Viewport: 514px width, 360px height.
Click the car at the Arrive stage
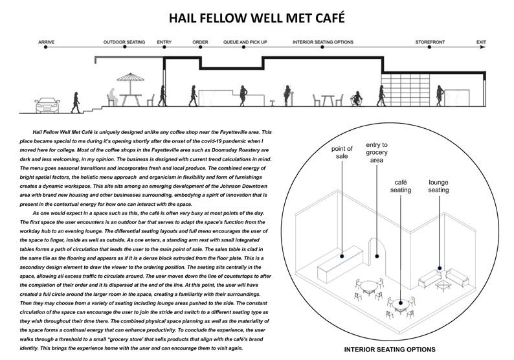[x=45, y=102]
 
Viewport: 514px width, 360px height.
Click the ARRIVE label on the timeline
[x=46, y=42]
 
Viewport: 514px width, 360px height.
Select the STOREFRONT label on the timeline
[x=431, y=42]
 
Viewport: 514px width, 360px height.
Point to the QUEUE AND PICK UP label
[x=245, y=42]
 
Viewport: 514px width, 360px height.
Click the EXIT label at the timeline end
[x=481, y=42]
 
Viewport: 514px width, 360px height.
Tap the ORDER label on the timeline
[x=201, y=42]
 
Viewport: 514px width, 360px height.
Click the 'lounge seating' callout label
[x=439, y=186]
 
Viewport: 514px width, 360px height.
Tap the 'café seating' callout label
[x=401, y=186]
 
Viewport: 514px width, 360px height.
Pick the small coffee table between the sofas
[x=444, y=284]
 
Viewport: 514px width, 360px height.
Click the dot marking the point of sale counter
[x=342, y=257]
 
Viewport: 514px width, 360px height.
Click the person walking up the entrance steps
[x=76, y=102]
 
